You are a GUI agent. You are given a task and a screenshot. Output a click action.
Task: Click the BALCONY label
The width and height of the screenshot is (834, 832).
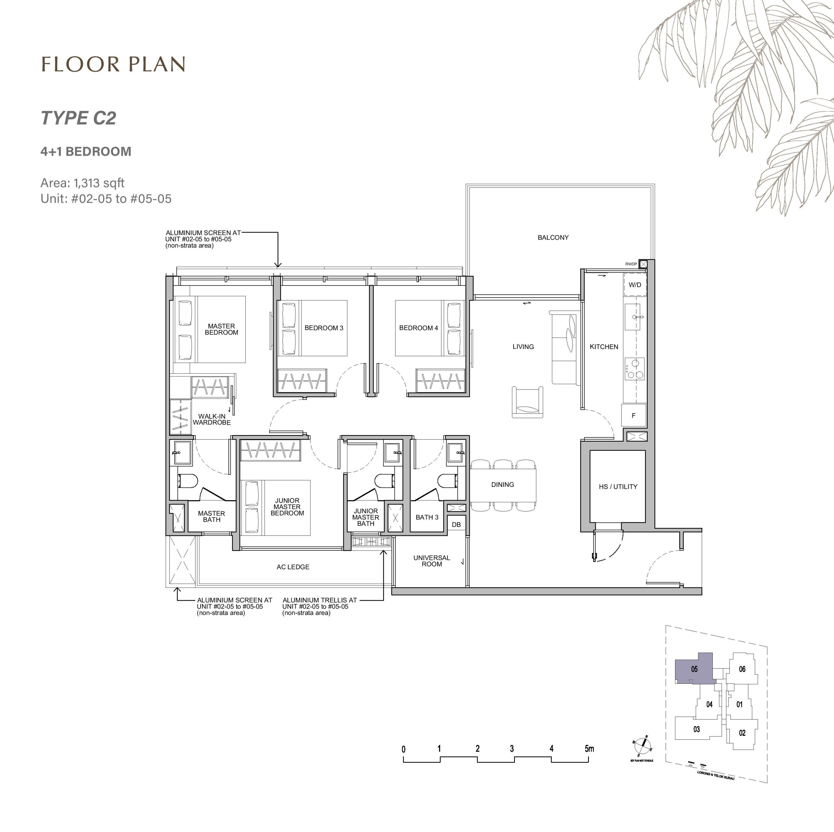coord(553,238)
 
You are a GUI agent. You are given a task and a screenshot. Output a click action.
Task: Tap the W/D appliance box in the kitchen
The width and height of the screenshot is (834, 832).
coord(635,285)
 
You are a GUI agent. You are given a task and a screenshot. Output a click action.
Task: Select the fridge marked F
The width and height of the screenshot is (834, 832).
coord(633,416)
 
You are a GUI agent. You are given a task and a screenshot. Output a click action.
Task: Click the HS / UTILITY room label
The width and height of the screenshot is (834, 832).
coord(618,487)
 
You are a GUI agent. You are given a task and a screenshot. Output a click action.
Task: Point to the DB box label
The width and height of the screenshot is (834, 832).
coord(456,525)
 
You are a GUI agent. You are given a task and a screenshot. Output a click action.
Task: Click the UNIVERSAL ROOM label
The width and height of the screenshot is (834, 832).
coord(432,561)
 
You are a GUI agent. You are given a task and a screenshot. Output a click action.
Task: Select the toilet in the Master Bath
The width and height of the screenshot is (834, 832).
coord(188,481)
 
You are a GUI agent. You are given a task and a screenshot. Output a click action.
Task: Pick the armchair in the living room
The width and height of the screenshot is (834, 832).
coord(527,402)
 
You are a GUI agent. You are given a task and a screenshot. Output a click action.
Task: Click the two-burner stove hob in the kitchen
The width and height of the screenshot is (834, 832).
coord(635,369)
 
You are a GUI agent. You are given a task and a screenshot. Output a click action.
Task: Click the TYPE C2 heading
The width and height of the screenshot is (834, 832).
coord(79,118)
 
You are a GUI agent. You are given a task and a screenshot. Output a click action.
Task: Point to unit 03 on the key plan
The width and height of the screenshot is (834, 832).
coord(696,729)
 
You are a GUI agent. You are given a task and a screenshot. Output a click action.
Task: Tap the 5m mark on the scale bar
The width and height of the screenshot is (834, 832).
coord(589,749)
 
